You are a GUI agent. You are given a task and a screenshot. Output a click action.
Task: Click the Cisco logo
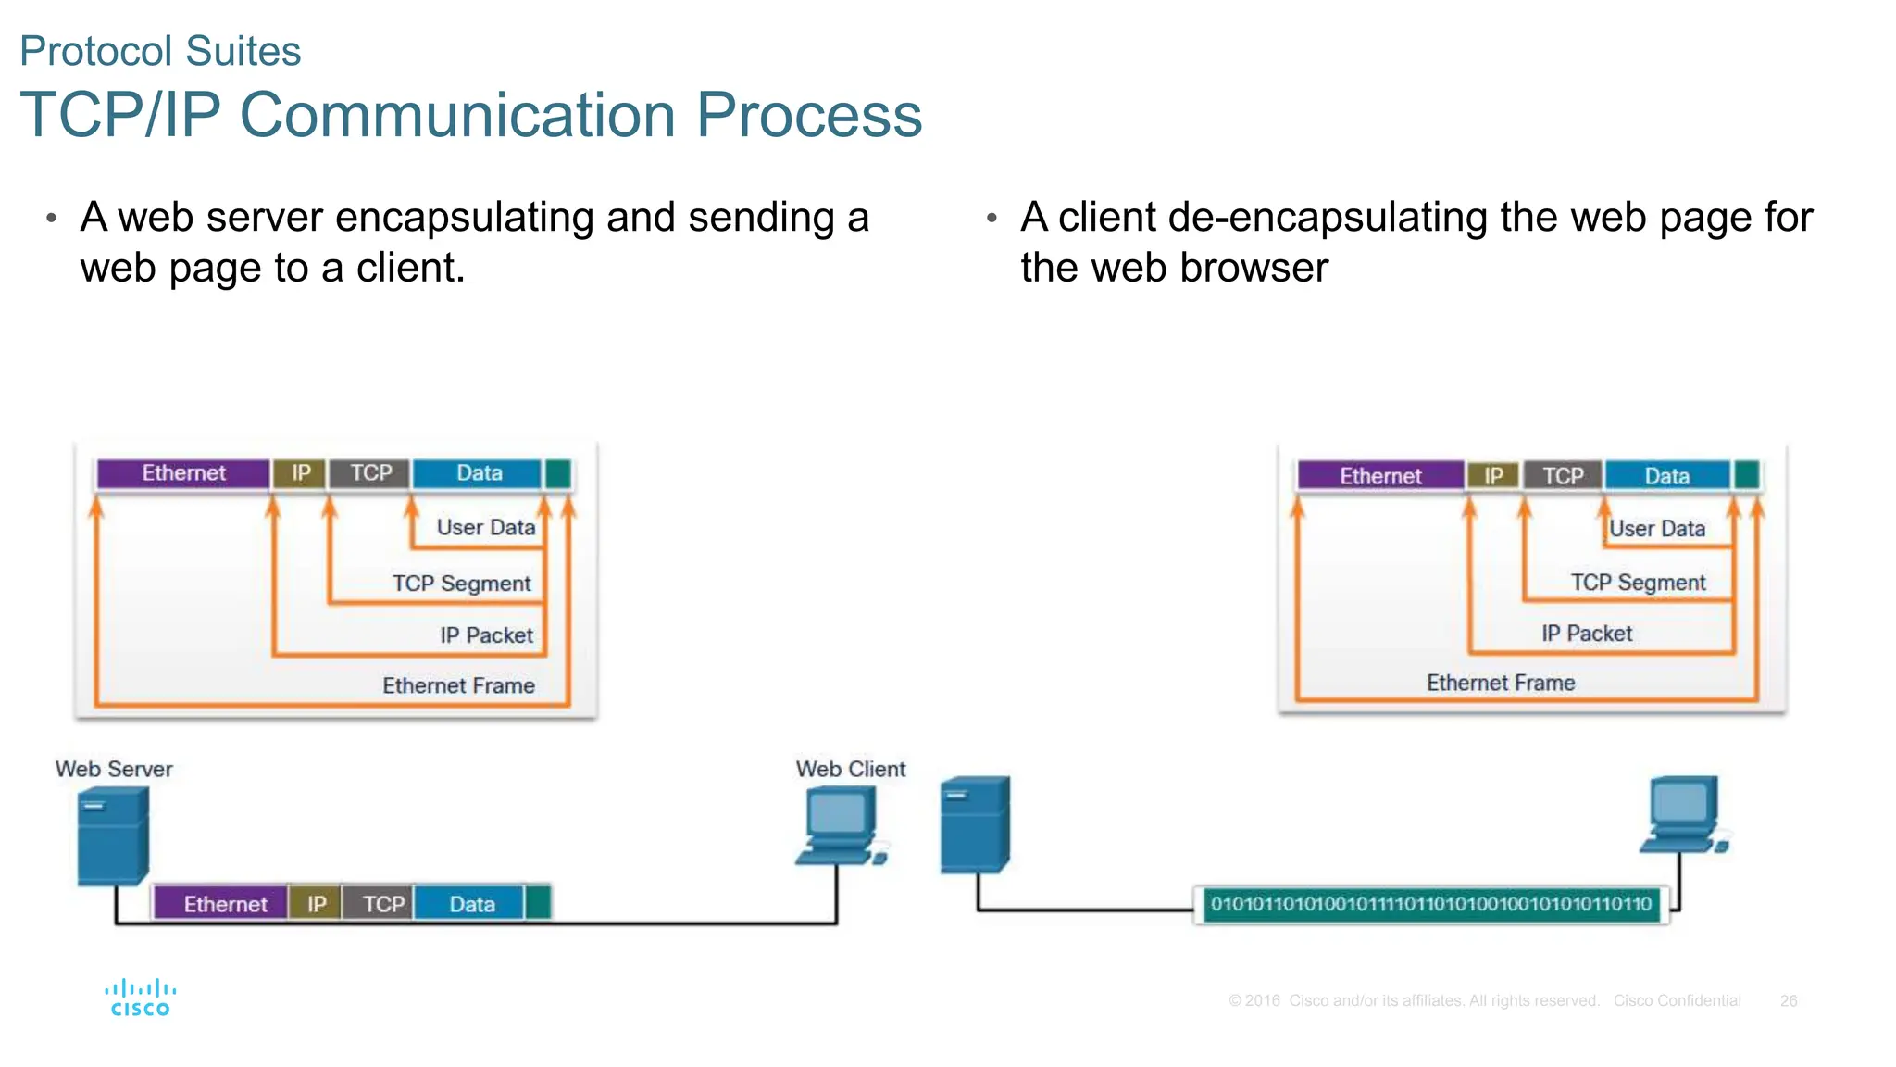(140, 998)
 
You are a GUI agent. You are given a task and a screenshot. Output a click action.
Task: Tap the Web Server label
(114, 769)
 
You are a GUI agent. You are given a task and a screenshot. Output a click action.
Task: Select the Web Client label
(850, 769)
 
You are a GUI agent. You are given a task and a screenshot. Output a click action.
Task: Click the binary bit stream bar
(1430, 904)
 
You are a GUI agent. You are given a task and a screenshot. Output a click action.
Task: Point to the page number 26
(1788, 1000)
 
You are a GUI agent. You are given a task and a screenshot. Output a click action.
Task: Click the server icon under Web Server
(112, 835)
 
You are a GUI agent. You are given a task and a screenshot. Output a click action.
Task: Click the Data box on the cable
(470, 903)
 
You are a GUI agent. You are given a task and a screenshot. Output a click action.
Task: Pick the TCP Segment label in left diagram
(461, 584)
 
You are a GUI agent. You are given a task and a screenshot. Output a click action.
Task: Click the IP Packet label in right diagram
(1586, 634)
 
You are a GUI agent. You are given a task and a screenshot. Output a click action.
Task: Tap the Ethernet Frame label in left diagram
(458, 685)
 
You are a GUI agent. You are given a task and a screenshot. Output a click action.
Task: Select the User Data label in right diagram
(1656, 529)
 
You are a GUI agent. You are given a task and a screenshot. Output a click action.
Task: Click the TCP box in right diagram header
(1563, 476)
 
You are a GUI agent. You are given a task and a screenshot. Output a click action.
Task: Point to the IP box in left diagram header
(301, 473)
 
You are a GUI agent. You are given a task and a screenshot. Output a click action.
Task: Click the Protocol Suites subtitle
(160, 51)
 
